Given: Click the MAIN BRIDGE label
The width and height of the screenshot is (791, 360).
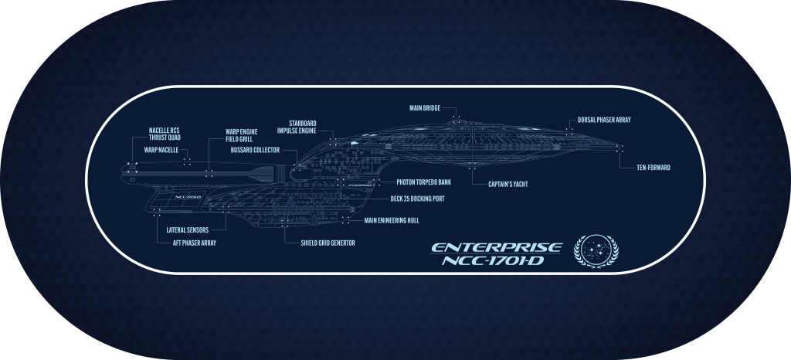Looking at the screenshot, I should point(424,108).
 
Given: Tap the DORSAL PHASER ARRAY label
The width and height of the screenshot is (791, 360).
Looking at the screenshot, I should point(605,121).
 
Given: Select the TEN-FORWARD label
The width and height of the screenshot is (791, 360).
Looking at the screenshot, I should point(653,168).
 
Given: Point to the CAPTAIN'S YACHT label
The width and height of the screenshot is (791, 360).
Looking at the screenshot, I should point(508,185).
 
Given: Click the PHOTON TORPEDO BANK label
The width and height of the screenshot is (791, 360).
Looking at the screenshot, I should point(423,182).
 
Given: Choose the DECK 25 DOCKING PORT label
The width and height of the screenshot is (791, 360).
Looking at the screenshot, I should point(417,199).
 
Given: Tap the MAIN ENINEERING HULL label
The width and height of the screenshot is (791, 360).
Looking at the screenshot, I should point(392,220).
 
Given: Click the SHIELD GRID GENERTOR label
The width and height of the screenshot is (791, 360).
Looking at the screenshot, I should point(328,243).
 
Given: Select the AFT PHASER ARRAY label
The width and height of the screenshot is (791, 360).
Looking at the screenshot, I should point(194,243).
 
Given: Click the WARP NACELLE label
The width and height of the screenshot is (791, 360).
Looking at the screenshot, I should point(161,148).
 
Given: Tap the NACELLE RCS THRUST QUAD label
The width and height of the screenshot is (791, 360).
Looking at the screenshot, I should point(164,134).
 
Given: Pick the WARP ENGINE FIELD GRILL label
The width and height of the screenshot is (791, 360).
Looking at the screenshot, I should point(242,135).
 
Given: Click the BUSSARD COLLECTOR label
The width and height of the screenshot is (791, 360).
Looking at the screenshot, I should point(255,150).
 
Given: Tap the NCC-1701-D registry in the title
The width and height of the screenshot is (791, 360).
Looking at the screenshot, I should point(501,262).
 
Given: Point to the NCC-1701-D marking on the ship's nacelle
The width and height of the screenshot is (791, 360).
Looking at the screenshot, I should point(188,197).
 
